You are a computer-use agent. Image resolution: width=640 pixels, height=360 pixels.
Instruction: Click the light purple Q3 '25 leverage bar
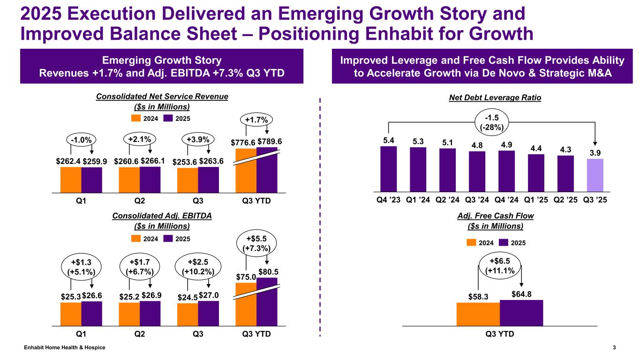tap(595, 175)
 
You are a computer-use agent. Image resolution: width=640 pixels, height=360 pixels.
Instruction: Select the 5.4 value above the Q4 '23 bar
tap(388, 140)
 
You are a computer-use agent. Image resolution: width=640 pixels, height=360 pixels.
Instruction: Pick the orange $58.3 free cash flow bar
tap(478, 314)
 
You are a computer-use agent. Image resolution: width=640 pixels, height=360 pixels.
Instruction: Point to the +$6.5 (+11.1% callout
tap(499, 265)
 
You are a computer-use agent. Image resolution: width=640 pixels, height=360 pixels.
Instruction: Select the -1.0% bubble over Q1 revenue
tap(81, 140)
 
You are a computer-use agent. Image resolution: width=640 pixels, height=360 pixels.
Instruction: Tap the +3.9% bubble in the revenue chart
tap(198, 139)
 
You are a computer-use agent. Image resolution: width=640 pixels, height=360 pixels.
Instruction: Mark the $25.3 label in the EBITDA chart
tap(70, 296)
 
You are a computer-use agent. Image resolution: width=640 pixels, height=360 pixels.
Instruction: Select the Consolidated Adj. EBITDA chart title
tap(162, 216)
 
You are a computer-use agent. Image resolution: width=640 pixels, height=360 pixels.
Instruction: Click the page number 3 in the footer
tap(614, 347)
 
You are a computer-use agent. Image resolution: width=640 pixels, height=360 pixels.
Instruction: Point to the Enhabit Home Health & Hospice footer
tap(65, 347)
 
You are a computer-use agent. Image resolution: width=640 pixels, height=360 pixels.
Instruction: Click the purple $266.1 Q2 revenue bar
tap(150, 179)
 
